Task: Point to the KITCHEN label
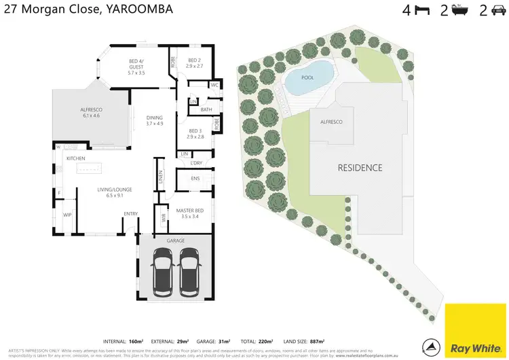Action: (75, 158)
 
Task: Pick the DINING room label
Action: (155, 120)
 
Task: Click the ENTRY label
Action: (131, 214)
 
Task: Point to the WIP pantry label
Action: (67, 215)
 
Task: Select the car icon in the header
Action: (499, 10)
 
